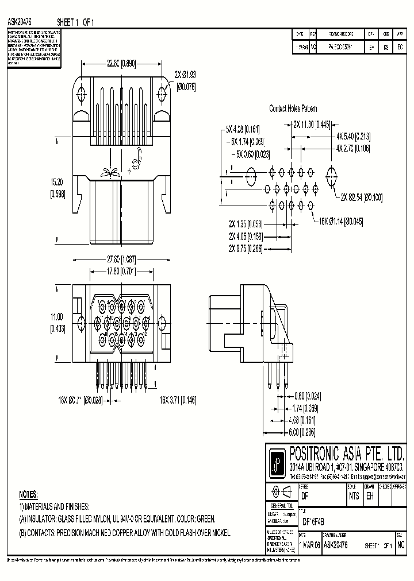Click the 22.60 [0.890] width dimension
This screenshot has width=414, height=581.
click(121, 64)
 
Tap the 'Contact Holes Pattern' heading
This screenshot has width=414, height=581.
click(293, 109)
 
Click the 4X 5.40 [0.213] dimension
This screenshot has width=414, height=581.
click(353, 137)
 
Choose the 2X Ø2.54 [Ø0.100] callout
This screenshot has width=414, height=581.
click(361, 197)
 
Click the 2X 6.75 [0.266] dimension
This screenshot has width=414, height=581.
click(246, 249)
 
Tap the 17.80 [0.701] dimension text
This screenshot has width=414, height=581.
click(121, 271)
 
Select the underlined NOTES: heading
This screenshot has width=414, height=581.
click(28, 494)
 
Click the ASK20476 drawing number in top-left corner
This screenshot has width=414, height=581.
click(19, 22)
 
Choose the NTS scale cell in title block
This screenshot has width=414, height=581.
click(354, 497)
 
